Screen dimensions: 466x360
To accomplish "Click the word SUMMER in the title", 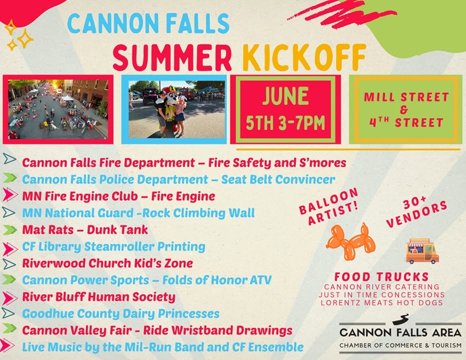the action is tap(172, 57).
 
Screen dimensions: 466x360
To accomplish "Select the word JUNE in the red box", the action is tap(285, 95).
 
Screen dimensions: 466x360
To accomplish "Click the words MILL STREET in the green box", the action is tap(406, 97).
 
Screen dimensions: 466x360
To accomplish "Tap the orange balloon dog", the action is tap(351, 241).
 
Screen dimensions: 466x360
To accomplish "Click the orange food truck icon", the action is tap(422, 251).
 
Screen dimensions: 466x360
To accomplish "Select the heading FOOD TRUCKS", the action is tap(381, 277).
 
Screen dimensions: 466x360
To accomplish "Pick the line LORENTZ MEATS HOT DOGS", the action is tap(381, 303).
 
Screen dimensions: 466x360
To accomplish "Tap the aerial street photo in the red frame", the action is tap(58, 109).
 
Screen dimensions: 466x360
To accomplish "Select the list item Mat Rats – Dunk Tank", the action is tap(85, 230).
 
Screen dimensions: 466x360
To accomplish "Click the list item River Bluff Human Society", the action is tap(98, 297).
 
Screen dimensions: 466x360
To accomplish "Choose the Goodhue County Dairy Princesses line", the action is tap(120, 314).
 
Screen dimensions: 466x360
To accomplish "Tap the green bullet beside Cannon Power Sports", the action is tap(9, 279).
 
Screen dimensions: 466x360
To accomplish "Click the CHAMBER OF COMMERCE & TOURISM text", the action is tap(400, 345).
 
